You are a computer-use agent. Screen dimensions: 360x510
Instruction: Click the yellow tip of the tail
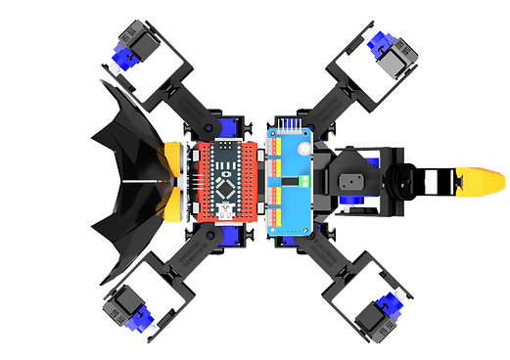click(484, 179)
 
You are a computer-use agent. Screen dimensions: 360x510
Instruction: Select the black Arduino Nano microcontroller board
click(227, 181)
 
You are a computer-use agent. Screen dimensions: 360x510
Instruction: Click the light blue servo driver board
click(290, 181)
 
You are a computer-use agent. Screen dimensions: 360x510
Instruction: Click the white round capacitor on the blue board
click(304, 147)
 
